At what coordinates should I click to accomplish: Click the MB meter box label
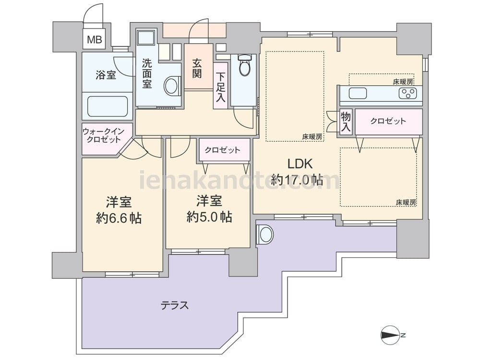pyautogui.click(x=94, y=40)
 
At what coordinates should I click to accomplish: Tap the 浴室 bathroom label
pyautogui.click(x=106, y=75)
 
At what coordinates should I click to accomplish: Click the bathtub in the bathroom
pyautogui.click(x=108, y=107)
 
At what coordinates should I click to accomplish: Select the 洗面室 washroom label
pyautogui.click(x=147, y=73)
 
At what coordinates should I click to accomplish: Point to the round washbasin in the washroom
pyautogui.click(x=172, y=86)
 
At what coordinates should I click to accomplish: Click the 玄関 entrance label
pyautogui.click(x=197, y=68)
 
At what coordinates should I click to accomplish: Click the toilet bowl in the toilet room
pyautogui.click(x=245, y=65)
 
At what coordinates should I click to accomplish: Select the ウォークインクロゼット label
pyautogui.click(x=104, y=136)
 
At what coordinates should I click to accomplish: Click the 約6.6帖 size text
pyautogui.click(x=119, y=218)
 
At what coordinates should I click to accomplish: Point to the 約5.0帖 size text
pyautogui.click(x=209, y=217)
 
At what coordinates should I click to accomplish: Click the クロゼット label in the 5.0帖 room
pyautogui.click(x=223, y=150)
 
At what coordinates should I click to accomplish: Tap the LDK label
pyautogui.click(x=300, y=164)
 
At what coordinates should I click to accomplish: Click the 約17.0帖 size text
pyautogui.click(x=297, y=180)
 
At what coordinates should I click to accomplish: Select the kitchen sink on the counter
pyautogui.click(x=358, y=94)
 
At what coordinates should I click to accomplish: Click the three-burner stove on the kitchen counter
pyautogui.click(x=408, y=93)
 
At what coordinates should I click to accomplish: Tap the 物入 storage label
pyautogui.click(x=346, y=122)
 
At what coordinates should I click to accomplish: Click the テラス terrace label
pyautogui.click(x=175, y=305)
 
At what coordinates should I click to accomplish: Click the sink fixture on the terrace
pyautogui.click(x=264, y=235)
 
